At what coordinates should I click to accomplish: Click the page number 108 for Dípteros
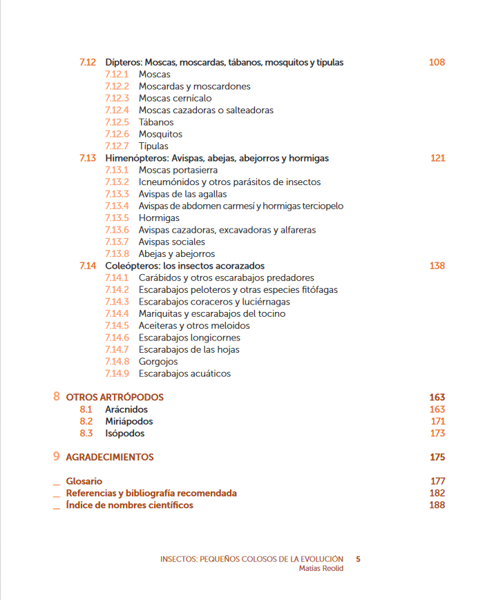pos(437,62)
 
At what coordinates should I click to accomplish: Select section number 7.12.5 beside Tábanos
pos(117,122)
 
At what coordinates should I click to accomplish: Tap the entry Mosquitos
pos(160,134)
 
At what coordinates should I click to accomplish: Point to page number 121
pos(437,158)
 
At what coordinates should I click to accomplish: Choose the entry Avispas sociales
pos(171,242)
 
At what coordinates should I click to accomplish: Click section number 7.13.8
pos(117,254)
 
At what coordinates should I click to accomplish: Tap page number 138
pos(437,266)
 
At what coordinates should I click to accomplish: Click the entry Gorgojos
pos(158,362)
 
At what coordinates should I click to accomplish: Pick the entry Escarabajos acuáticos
pos(184,374)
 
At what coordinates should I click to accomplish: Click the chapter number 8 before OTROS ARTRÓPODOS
pos(56,397)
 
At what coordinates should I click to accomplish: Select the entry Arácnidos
pos(126,409)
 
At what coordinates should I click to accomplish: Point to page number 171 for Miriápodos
pos(437,421)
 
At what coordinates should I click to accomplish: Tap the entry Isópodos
pos(125,434)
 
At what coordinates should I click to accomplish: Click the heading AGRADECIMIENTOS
pos(109,457)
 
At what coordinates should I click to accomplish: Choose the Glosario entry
pos(84,481)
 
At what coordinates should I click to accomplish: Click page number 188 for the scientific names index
pos(437,505)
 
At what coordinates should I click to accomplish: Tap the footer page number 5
pos(358,559)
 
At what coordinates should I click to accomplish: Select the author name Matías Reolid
pos(321,568)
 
